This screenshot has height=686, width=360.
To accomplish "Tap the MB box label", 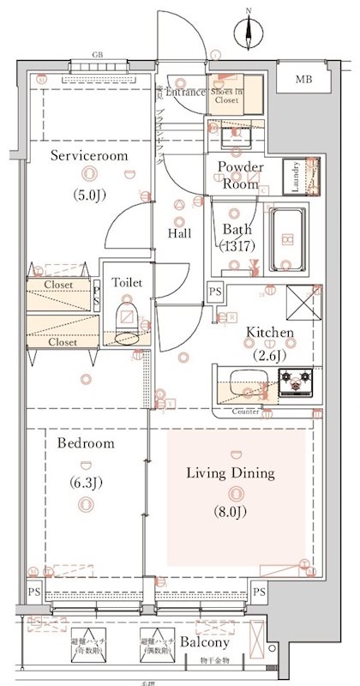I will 303,80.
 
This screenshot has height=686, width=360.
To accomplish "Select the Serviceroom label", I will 88,156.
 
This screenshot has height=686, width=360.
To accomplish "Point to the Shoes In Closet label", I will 226,95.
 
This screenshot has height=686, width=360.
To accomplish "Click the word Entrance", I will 185,92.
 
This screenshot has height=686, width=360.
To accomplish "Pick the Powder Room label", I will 240,174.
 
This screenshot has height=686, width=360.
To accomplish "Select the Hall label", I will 179,233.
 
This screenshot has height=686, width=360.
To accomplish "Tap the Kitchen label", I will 270,333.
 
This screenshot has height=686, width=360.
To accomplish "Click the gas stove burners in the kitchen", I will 297,382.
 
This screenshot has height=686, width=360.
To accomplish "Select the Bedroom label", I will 86,443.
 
